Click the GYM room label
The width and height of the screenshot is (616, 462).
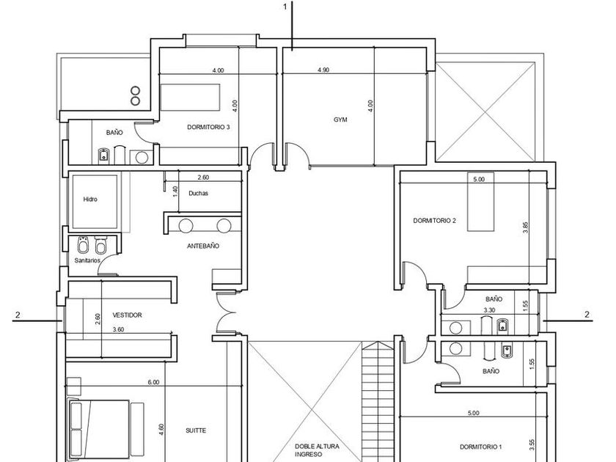pyautogui.click(x=340, y=120)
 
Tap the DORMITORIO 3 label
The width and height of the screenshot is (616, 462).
pyautogui.click(x=208, y=128)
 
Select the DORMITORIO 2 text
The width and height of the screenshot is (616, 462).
pyautogui.click(x=434, y=221)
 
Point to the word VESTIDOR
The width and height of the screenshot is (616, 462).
pyautogui.click(x=127, y=315)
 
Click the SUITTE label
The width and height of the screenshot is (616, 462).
pyautogui.click(x=196, y=430)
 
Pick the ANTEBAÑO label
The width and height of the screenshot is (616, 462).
pyautogui.click(x=203, y=246)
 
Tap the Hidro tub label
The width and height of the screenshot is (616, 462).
pyautogui.click(x=90, y=199)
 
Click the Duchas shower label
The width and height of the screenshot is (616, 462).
pyautogui.click(x=199, y=194)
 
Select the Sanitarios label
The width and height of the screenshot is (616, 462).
pyautogui.click(x=87, y=260)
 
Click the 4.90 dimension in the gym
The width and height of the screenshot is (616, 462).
pyautogui.click(x=323, y=70)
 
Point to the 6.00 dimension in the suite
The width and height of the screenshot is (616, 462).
pyautogui.click(x=153, y=382)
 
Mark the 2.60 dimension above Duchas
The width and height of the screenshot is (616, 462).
pyautogui.click(x=203, y=177)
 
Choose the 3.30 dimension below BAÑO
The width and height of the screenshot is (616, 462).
pyautogui.click(x=489, y=310)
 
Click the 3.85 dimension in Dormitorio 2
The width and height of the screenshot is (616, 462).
pyautogui.click(x=526, y=228)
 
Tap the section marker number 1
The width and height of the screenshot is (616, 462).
pyautogui.click(x=285, y=7)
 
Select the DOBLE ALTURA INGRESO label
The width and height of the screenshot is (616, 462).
pyautogui.click(x=317, y=450)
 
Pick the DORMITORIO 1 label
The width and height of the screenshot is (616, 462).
pyautogui.click(x=481, y=447)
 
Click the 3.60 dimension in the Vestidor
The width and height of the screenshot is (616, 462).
pyautogui.click(x=118, y=329)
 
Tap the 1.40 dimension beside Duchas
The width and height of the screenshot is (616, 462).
pyautogui.click(x=175, y=191)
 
